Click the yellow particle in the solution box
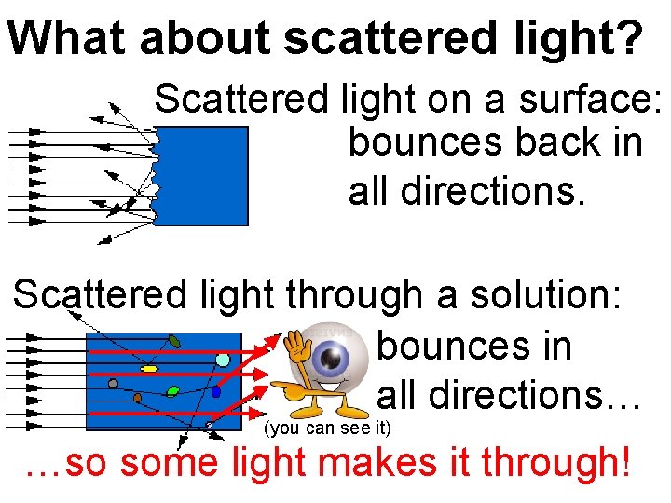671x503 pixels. (x=148, y=370)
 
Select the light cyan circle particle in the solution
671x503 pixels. (x=223, y=360)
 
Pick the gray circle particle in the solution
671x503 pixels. (x=113, y=383)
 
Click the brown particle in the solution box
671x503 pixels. (x=137, y=398)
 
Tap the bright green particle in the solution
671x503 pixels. (x=172, y=391)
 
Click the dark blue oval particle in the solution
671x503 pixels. (x=216, y=392)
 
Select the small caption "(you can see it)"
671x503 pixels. (x=328, y=429)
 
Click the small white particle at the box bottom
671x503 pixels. (x=209, y=425)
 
